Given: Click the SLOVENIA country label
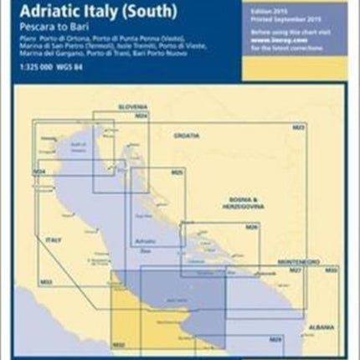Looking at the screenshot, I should (132, 108).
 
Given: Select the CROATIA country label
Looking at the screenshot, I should (188, 135).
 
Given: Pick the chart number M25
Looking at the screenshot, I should (176, 172).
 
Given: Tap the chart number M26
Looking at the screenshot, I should (250, 227).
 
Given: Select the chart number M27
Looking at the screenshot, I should (295, 270).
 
